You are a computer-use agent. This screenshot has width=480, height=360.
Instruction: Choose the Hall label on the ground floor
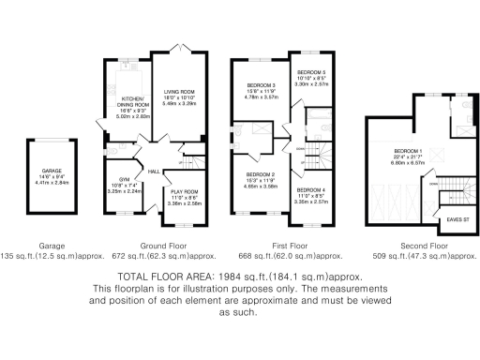154,172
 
